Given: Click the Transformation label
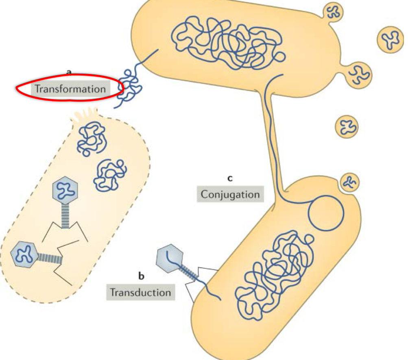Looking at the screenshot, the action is click(70, 89).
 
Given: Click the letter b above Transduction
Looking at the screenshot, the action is click(141, 277).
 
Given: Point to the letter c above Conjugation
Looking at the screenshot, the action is click(230, 178).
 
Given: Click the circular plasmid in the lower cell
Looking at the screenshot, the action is click(326, 213).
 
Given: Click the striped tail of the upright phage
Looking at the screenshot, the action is click(64, 216).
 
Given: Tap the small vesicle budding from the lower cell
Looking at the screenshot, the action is click(349, 182).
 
